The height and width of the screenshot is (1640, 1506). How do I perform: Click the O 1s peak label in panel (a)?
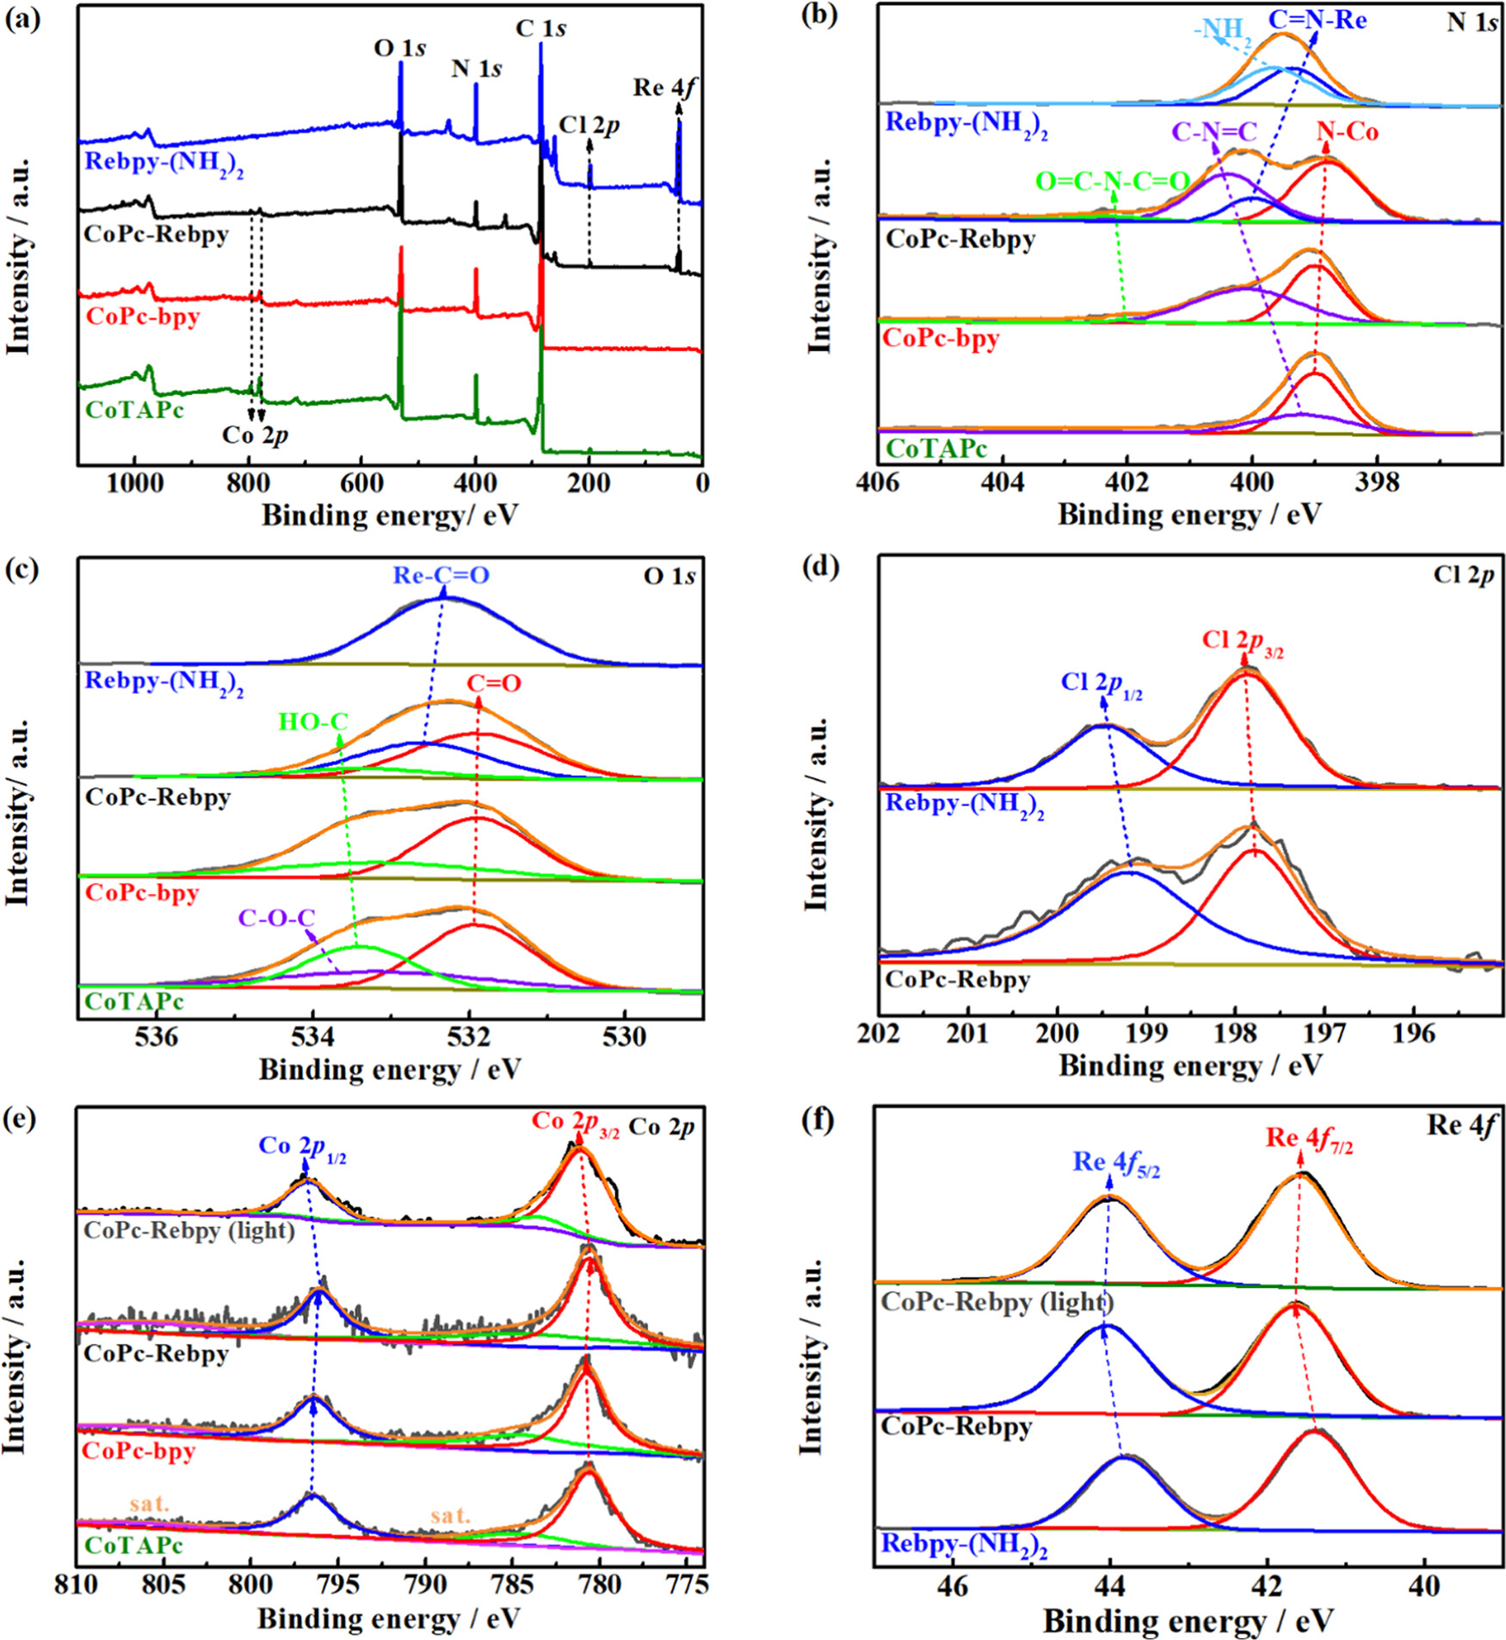[399, 48]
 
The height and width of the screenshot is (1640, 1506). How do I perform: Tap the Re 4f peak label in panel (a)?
[664, 88]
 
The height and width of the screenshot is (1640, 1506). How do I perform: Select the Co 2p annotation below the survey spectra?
[255, 435]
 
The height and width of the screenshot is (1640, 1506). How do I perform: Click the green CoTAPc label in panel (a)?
[135, 410]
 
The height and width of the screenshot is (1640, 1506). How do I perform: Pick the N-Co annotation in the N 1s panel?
[1348, 132]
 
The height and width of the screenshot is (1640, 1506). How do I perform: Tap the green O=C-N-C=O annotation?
[1112, 182]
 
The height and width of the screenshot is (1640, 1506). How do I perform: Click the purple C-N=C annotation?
[1213, 132]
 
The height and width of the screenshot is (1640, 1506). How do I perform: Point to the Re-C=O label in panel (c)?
[441, 575]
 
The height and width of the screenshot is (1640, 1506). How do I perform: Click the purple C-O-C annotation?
[276, 918]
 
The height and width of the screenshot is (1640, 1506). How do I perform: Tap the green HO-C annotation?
[313, 721]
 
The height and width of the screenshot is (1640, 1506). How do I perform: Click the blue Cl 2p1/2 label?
[1102, 683]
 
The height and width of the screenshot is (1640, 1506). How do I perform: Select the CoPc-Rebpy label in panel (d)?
[957, 979]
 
